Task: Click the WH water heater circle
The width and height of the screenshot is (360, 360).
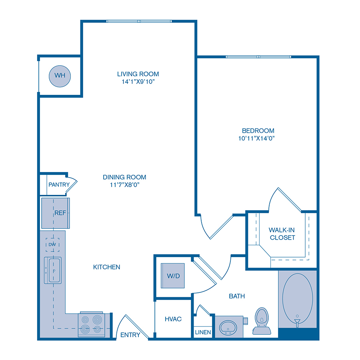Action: coord(60,75)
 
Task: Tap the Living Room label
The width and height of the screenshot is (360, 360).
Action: coord(138,74)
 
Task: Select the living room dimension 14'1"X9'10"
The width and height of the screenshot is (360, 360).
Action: coord(138,82)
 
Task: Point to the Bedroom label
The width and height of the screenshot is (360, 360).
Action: coord(258,131)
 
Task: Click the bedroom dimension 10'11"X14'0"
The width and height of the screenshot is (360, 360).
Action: coord(258,138)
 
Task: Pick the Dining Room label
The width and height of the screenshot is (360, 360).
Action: coord(124,177)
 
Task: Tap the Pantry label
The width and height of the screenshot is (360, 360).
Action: coord(59,185)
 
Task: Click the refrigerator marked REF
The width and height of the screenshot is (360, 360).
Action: coord(56,213)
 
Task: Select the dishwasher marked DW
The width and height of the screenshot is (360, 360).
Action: coord(52,244)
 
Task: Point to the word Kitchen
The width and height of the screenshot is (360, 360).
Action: coord(107,267)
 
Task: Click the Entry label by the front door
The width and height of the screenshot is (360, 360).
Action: coord(130,335)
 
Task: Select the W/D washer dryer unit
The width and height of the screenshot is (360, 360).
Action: coord(173,275)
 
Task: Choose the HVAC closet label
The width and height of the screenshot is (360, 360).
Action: coord(173,319)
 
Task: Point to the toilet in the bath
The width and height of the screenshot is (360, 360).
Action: coord(262,320)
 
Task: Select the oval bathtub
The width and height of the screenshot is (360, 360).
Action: coord(298,298)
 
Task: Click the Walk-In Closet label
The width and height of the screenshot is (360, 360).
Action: coord(282,234)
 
